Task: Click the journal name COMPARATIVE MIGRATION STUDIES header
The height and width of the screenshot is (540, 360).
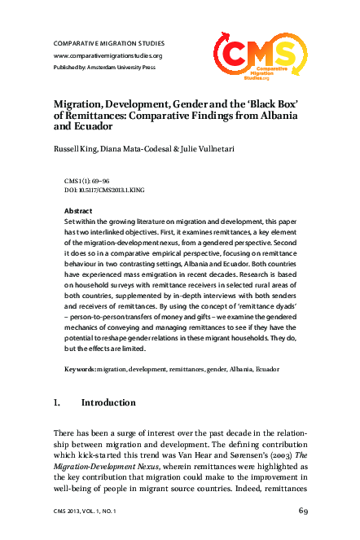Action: click(x=108, y=42)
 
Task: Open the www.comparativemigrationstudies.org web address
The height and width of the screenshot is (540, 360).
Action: click(x=108, y=55)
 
